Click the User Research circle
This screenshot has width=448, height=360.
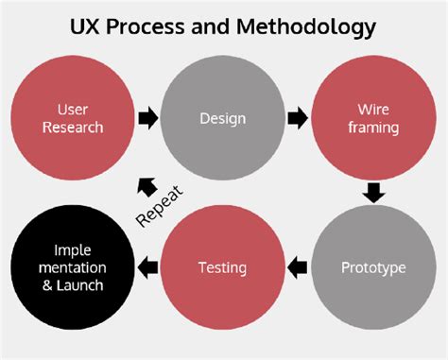pos(72,119)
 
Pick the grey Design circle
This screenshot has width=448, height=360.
pos(223,119)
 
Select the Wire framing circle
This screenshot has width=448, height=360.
pos(372,119)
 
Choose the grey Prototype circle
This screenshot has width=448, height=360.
pos(372,268)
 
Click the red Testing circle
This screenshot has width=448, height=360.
pos(223,268)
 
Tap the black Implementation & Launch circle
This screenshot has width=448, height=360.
pos(72,268)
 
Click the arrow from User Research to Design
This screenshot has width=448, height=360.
pos(147,119)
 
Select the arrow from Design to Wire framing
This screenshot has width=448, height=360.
pos(298,119)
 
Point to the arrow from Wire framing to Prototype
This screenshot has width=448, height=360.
pos(373,194)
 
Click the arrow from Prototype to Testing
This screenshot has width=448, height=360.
pos(298,268)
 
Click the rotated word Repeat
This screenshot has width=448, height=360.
pos(159,205)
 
